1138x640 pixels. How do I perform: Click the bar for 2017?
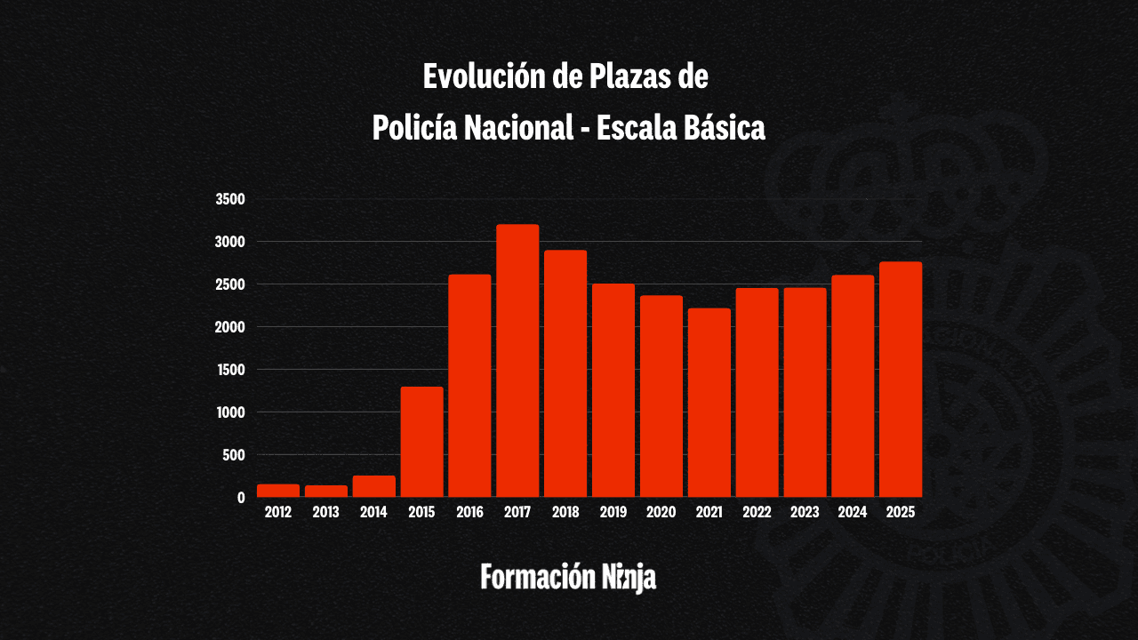tap(517, 361)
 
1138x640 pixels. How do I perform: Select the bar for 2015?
tap(421, 442)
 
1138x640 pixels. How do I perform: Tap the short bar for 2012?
tap(278, 491)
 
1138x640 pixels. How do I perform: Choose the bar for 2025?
tap(901, 380)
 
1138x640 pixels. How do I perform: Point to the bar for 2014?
tap(373, 486)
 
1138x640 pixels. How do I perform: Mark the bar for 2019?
tap(613, 390)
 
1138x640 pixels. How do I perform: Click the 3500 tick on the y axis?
tap(230, 199)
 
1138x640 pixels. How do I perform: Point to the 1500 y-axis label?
tap(230, 370)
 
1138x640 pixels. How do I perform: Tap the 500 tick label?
tap(233, 455)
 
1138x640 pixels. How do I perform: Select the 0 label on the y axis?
tap(241, 498)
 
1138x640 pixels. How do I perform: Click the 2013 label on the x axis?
tap(326, 512)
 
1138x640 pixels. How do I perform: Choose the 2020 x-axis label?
tap(661, 512)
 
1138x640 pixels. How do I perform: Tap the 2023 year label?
tap(805, 512)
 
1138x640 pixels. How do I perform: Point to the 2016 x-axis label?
tap(469, 512)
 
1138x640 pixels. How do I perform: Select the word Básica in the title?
tap(723, 128)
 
